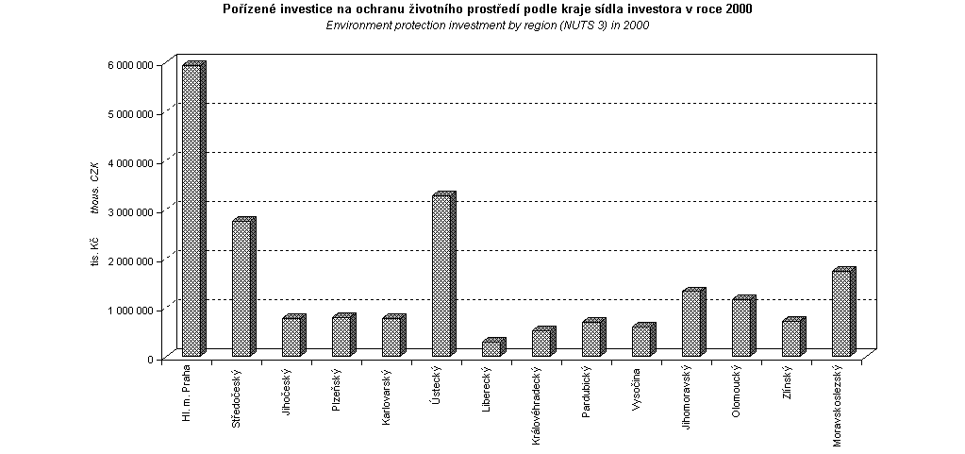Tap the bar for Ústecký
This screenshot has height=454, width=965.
click(x=441, y=276)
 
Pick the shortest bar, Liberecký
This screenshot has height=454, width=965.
click(x=491, y=348)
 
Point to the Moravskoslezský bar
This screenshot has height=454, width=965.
click(x=841, y=313)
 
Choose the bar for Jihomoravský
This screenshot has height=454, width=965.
click(x=691, y=324)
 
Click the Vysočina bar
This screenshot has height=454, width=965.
click(x=641, y=341)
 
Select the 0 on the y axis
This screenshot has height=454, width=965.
click(x=149, y=359)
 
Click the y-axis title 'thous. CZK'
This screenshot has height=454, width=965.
click(x=94, y=189)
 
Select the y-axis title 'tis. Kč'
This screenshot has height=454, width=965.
click(x=94, y=254)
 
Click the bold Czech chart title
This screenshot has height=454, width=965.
click(x=488, y=9)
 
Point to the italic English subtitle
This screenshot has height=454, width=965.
click(x=488, y=25)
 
